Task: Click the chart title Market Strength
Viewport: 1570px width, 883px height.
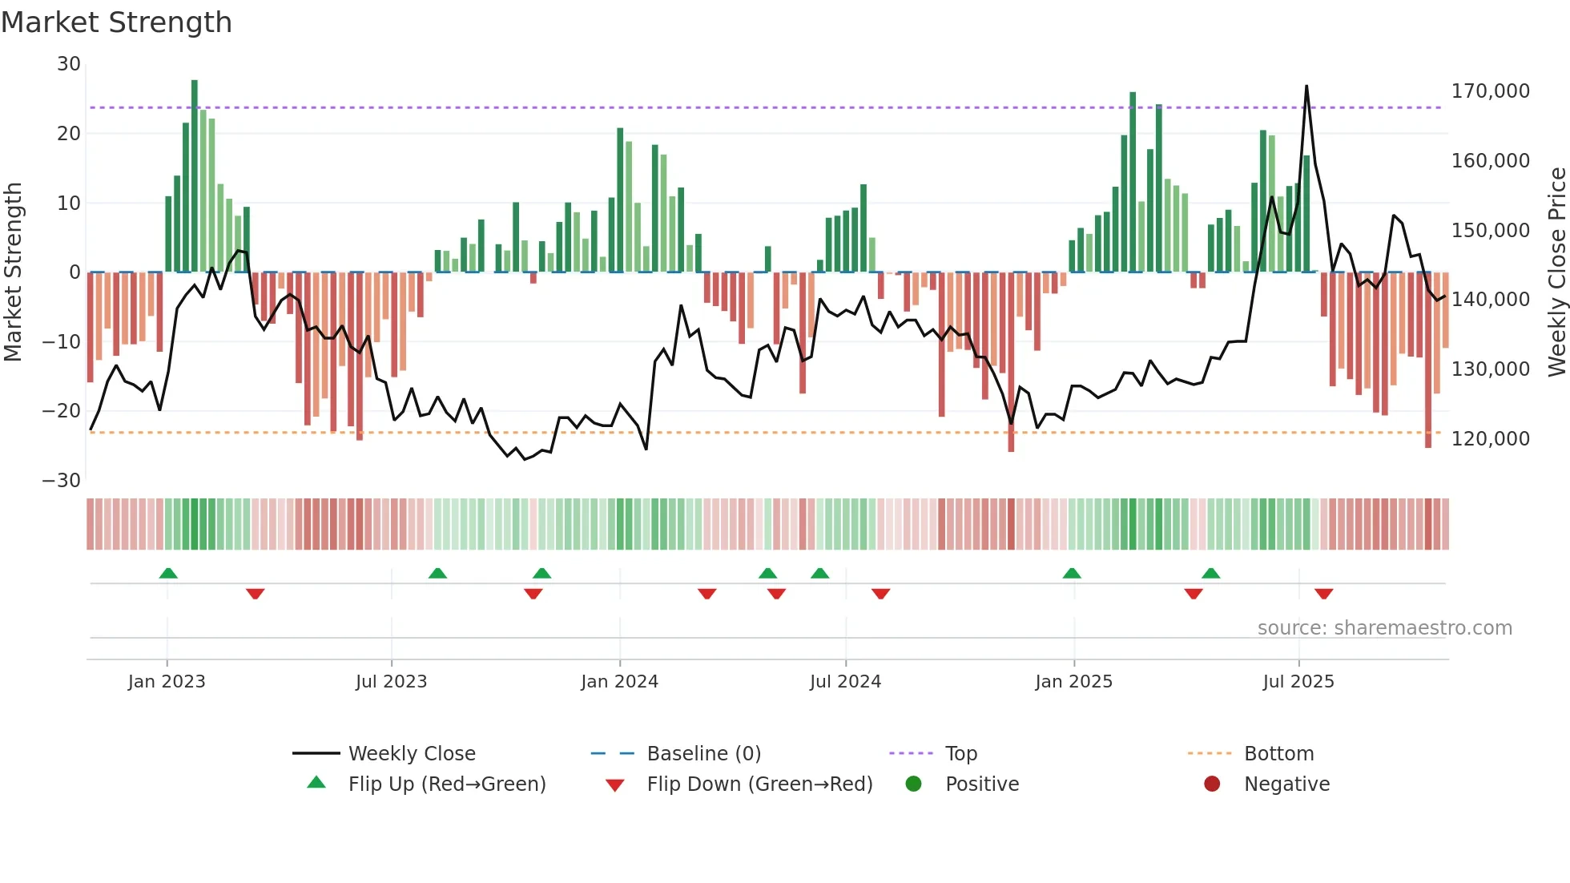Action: pyautogui.click(x=116, y=22)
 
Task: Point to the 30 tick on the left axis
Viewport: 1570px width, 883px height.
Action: pyautogui.click(x=69, y=64)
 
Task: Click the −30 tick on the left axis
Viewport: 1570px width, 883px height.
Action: pyautogui.click(x=62, y=481)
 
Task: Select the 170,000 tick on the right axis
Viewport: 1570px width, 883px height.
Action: pyautogui.click(x=1490, y=91)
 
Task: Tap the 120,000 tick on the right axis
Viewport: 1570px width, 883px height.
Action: pyautogui.click(x=1490, y=439)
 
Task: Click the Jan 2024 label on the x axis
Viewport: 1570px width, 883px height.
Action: pyautogui.click(x=619, y=682)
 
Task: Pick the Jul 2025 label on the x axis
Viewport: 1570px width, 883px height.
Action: pyautogui.click(x=1298, y=682)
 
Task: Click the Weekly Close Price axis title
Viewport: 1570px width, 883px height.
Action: pyautogui.click(x=1556, y=272)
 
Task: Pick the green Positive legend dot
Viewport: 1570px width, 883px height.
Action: pyautogui.click(x=913, y=784)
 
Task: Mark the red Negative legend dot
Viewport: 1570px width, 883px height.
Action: pyautogui.click(x=1212, y=784)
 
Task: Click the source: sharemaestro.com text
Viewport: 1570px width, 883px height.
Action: pyautogui.click(x=1384, y=628)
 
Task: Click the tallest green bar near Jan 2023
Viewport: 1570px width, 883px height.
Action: pyautogui.click(x=195, y=176)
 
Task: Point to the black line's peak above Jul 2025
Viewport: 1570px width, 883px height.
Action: pyautogui.click(x=1306, y=87)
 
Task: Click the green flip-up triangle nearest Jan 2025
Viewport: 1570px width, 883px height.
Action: pyautogui.click(x=1072, y=573)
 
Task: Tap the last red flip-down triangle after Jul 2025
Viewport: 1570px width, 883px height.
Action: pyautogui.click(x=1323, y=594)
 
